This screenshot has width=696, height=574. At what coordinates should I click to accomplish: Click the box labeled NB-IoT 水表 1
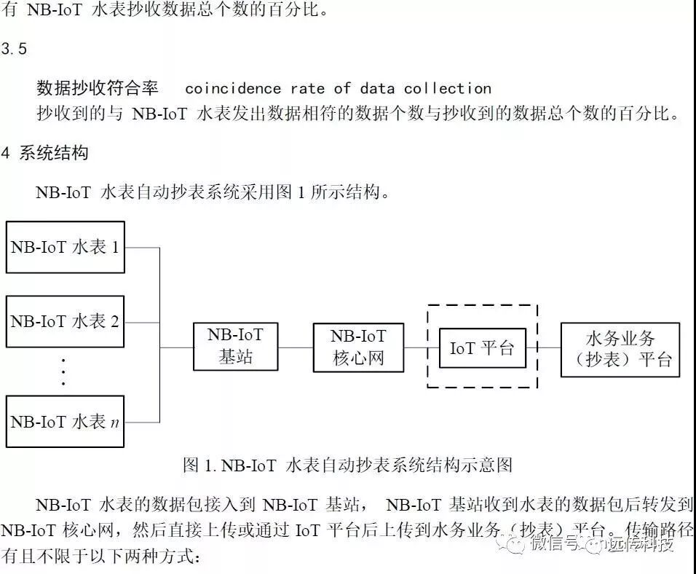(66, 247)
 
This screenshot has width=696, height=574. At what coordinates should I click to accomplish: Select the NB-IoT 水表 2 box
(66, 321)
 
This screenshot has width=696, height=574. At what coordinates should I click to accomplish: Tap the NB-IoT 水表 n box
(66, 421)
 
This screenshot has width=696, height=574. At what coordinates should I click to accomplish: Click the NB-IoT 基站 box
(235, 347)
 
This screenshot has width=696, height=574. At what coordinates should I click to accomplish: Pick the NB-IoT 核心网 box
(358, 347)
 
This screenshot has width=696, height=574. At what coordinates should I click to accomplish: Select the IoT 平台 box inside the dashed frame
(482, 347)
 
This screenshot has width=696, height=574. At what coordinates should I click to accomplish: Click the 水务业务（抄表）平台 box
(620, 350)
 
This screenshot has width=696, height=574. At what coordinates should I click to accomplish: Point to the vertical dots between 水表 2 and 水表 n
(63, 371)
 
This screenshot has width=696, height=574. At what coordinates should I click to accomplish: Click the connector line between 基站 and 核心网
(296, 347)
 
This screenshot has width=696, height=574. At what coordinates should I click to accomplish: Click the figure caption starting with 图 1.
(348, 465)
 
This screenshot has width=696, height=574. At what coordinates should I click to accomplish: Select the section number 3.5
(15, 49)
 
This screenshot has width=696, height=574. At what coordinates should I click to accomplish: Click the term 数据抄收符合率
(98, 89)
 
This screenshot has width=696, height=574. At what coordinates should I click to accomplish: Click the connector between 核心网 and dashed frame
(415, 347)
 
